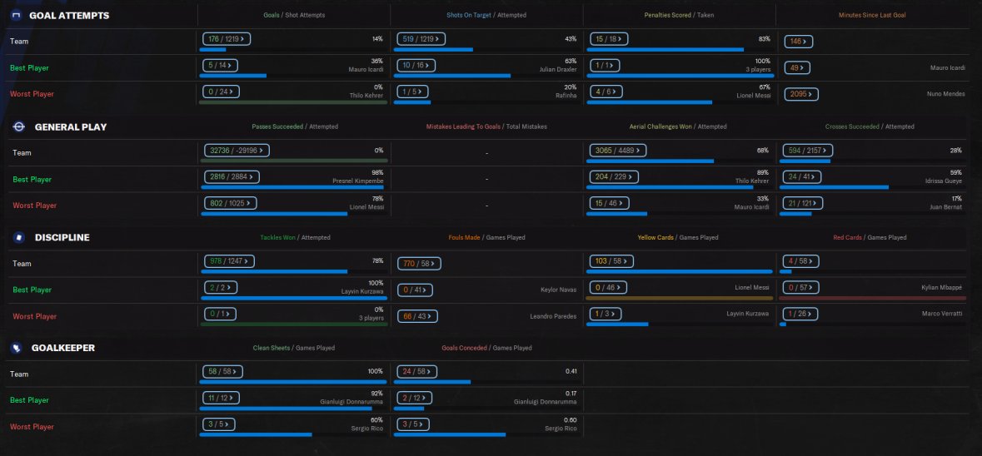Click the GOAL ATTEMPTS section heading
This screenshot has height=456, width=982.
pyautogui.click(x=68, y=16)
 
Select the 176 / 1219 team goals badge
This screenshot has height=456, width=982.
pyautogui.click(x=227, y=38)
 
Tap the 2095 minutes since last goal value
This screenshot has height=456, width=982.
pyautogui.click(x=796, y=94)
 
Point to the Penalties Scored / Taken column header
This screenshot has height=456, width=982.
pyautogui.click(x=679, y=15)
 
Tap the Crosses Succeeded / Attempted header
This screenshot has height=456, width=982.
pyautogui.click(x=869, y=126)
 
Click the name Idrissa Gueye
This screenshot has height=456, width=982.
pyautogui.click(x=943, y=180)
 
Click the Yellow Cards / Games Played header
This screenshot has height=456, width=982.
pyautogui.click(x=677, y=237)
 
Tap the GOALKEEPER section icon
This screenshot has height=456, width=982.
pyautogui.click(x=16, y=348)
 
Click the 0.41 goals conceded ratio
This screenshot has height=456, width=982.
pyautogui.click(x=571, y=370)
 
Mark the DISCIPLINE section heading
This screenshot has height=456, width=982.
pyautogui.click(x=62, y=237)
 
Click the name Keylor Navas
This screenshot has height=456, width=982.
pyautogui.click(x=558, y=290)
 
